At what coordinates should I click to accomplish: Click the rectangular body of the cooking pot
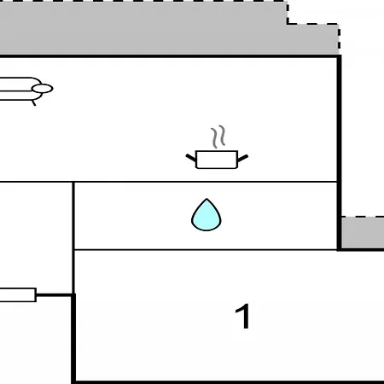click(217, 160)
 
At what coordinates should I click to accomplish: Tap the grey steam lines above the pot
click(218, 137)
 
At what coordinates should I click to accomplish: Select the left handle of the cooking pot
click(191, 158)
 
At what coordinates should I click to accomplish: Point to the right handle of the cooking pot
click(242, 158)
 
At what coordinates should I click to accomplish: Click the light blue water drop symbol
click(207, 215)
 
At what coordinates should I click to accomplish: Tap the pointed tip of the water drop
click(207, 199)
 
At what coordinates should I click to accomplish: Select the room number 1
click(243, 316)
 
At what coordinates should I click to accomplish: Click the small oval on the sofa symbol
click(43, 89)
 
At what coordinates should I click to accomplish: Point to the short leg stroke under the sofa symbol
click(34, 102)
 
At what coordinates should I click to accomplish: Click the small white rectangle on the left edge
click(18, 294)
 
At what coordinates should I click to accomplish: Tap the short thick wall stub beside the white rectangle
click(55, 294)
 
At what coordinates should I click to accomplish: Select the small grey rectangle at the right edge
click(363, 233)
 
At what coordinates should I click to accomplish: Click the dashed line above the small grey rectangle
click(363, 217)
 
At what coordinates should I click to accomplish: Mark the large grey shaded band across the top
click(169, 28)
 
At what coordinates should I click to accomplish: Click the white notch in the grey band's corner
click(313, 12)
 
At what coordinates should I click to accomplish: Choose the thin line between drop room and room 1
click(206, 250)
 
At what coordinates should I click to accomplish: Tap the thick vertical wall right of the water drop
click(339, 153)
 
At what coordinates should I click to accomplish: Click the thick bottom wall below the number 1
click(228, 382)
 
